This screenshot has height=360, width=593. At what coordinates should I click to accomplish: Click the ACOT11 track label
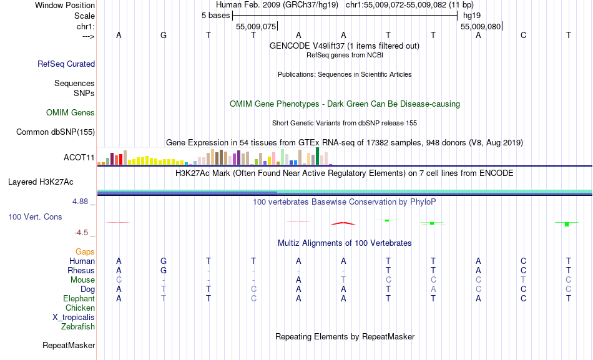(x=79, y=158)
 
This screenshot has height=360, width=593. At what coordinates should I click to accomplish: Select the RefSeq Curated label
(x=66, y=64)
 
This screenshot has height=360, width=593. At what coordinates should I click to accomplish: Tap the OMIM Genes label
(x=71, y=113)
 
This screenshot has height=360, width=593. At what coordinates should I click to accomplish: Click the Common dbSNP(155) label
(x=56, y=132)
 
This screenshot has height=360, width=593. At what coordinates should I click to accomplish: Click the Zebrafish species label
(x=78, y=326)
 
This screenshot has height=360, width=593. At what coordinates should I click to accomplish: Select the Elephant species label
(x=79, y=299)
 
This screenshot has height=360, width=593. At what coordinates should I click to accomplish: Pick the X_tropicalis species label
(x=74, y=317)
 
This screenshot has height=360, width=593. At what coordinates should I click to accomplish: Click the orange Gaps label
(x=85, y=251)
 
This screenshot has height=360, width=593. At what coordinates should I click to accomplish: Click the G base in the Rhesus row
(x=164, y=271)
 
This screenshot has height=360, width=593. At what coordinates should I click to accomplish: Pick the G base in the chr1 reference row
(x=164, y=36)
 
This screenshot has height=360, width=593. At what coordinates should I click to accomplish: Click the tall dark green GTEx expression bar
(x=318, y=155)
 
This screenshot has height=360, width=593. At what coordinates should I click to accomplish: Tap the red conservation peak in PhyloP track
(x=343, y=222)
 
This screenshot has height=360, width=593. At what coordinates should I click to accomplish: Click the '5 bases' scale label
(x=215, y=15)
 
